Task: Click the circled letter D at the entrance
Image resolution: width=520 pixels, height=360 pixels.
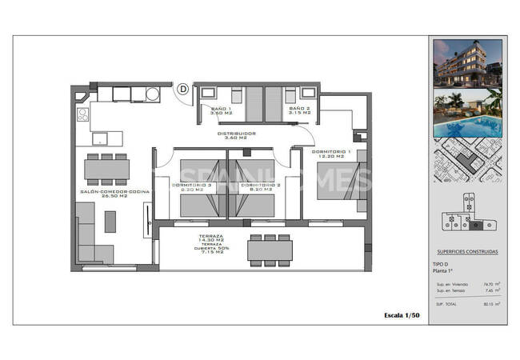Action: (x=183, y=90)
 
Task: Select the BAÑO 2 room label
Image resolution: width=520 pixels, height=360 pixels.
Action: (x=298, y=111)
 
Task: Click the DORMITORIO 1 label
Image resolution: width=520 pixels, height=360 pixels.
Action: (x=332, y=154)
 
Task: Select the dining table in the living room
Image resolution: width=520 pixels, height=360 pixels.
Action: (x=107, y=168)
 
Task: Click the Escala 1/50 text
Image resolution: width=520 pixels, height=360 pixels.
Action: (x=402, y=315)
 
